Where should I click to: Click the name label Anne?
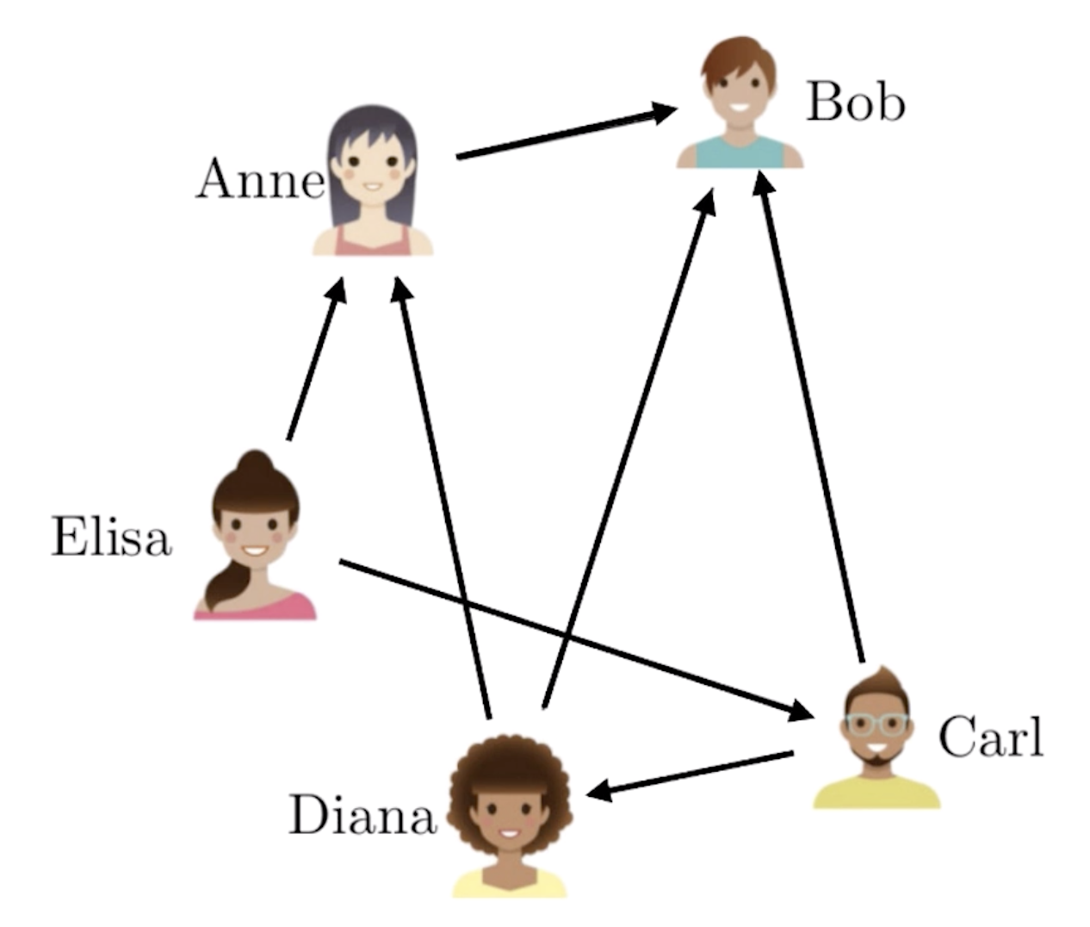[260, 181]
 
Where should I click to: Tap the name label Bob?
[855, 103]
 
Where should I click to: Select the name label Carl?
[990, 737]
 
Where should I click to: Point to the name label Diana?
[362, 815]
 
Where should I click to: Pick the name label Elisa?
[111, 537]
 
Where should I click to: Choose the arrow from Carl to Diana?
[689, 774]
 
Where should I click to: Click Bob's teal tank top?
[740, 155]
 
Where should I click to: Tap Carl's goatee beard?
[876, 762]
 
